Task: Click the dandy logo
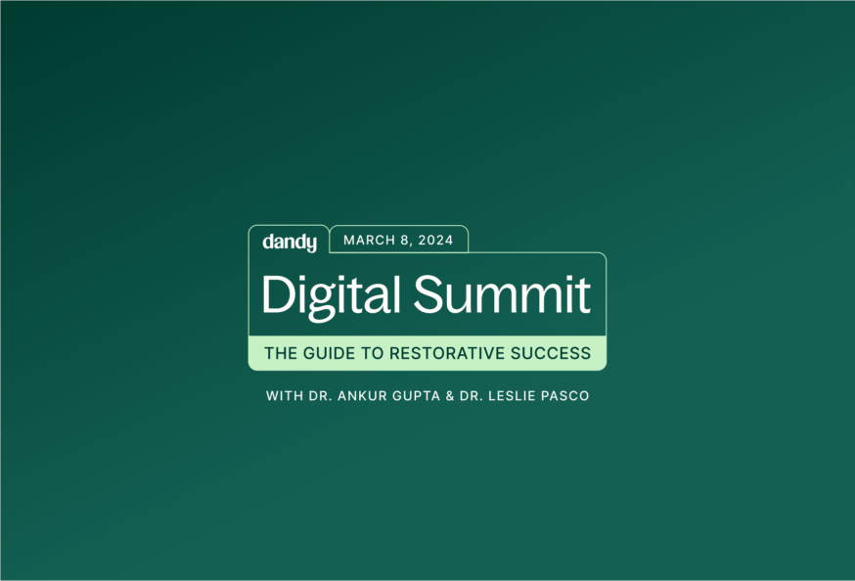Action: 290,242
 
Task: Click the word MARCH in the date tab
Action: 366,241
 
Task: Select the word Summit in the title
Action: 502,294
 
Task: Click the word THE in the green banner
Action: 280,353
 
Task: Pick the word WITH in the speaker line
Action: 284,396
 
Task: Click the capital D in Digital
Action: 275,294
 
